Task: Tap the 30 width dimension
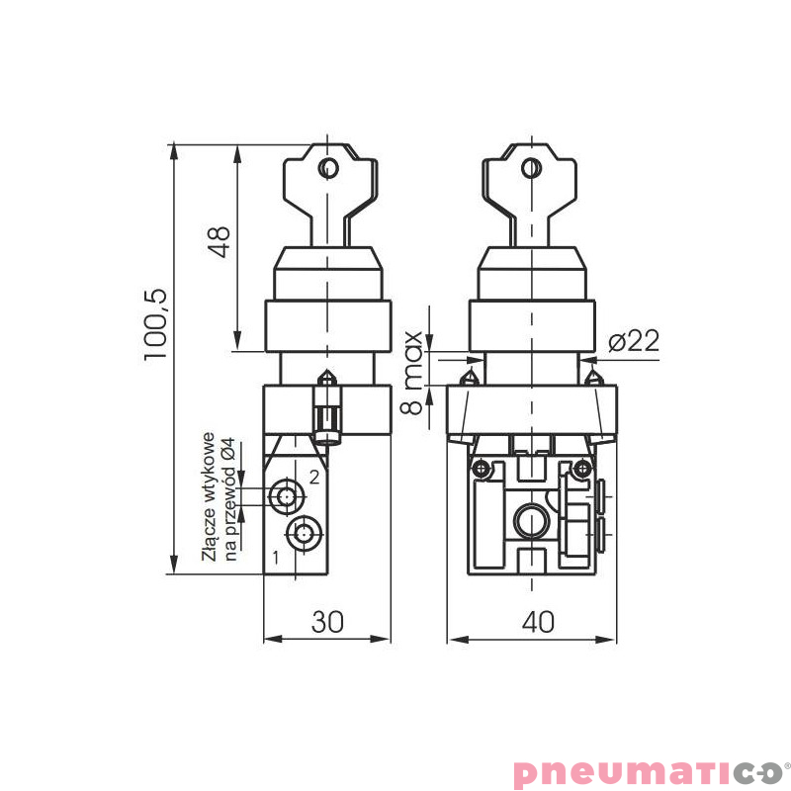(327, 622)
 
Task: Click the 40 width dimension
(538, 622)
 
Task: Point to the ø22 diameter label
(633, 341)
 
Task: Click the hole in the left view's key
(326, 168)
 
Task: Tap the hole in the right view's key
(532, 168)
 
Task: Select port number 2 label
(314, 477)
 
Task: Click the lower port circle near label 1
(303, 534)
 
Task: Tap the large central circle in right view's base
(532, 519)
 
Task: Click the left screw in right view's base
(481, 468)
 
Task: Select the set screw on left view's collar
(325, 411)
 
